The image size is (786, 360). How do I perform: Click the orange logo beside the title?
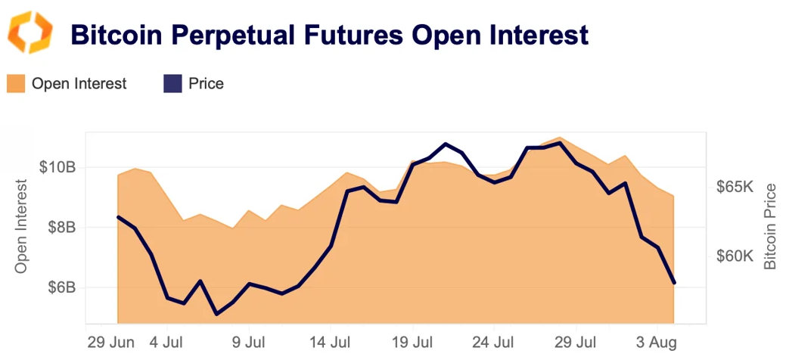click(x=31, y=33)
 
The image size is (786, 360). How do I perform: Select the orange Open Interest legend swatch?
click(x=16, y=83)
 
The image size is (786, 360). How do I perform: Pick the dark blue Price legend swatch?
click(x=172, y=83)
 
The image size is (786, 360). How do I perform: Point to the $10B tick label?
click(x=57, y=166)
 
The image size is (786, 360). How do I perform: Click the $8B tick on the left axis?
click(x=61, y=227)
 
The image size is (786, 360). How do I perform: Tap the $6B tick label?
click(x=61, y=287)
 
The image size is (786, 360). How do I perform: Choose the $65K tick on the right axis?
click(x=735, y=187)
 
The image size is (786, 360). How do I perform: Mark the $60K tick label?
click(x=735, y=256)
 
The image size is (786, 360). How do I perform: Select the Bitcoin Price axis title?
click(x=770, y=226)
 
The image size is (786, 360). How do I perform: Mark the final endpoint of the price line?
click(x=673, y=283)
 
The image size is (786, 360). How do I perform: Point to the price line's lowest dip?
click(x=216, y=314)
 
